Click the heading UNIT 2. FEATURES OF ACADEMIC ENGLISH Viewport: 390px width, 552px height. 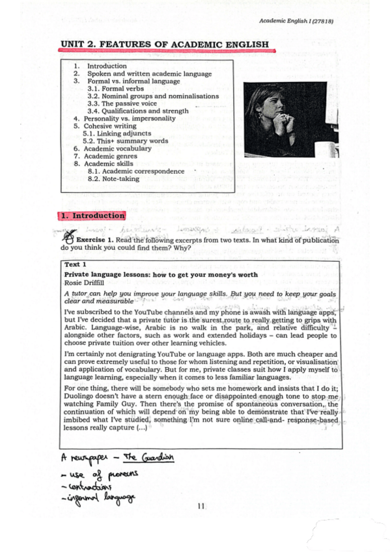click(165, 44)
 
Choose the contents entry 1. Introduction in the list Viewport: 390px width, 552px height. click(107, 66)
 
